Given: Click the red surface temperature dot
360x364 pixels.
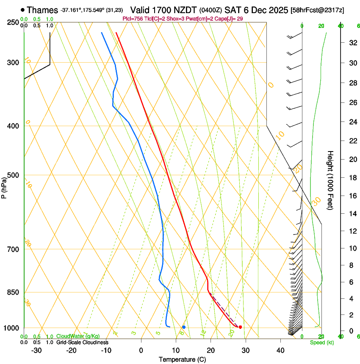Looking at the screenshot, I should (240, 327).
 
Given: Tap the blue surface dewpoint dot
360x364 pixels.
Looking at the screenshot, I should (184, 327).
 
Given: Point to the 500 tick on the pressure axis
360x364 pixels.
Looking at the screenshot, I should (12, 175).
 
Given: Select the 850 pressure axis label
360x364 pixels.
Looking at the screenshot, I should (12, 292).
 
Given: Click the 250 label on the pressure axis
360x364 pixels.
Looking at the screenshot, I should (12, 22).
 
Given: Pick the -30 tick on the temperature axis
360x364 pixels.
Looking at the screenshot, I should (36, 350).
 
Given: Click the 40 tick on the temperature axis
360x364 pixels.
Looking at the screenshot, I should (280, 350).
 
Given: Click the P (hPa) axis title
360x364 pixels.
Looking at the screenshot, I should (4, 186).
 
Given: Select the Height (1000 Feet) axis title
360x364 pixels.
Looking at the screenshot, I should (330, 180).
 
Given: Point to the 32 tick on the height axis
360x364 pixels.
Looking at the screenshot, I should (352, 43).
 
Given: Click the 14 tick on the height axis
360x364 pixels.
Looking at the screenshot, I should (352, 214).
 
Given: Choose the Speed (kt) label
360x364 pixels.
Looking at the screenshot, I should (321, 342).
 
